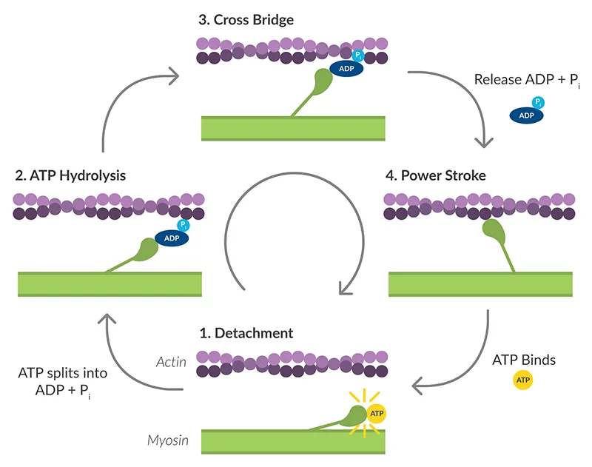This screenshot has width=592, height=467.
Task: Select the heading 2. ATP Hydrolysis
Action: tap(70, 175)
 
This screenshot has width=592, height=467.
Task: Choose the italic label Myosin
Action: tap(166, 440)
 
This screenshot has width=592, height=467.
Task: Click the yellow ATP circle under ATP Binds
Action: tap(522, 381)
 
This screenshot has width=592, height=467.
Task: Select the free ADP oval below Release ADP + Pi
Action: tap(526, 115)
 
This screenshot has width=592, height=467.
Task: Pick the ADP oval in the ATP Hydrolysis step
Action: tap(171, 238)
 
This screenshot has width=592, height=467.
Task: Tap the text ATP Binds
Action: tap(523, 361)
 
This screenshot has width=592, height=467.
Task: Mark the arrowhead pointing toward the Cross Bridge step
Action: tap(175, 73)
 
